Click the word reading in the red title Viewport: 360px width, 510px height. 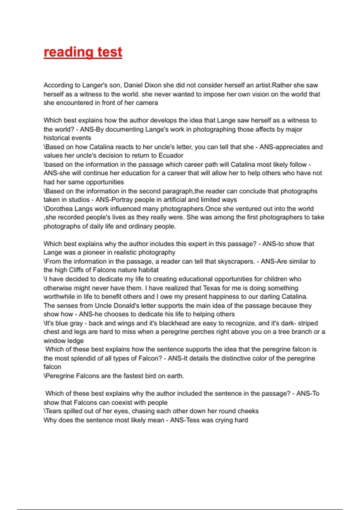(x=64, y=52)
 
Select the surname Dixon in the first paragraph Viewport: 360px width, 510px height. (x=153, y=85)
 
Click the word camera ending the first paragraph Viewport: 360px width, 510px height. (x=147, y=103)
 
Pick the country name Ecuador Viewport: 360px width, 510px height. (x=171, y=155)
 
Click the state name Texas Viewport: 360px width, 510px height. (x=214, y=288)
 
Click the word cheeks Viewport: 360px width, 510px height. (x=248, y=411)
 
